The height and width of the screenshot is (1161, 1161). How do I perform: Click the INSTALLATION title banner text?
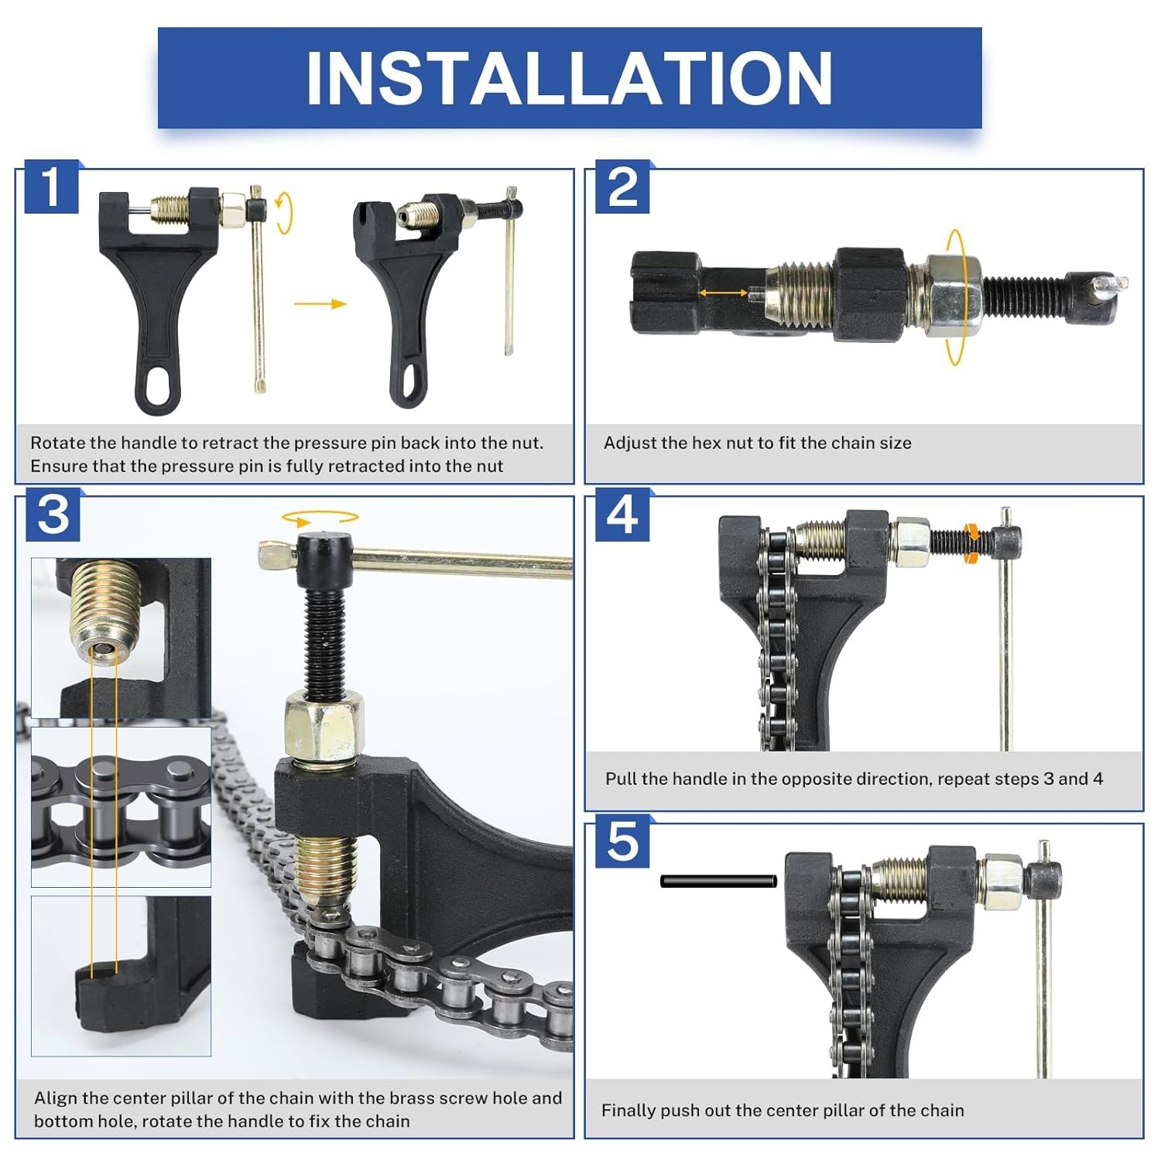click(x=570, y=78)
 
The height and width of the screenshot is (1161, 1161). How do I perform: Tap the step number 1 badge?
click(x=51, y=187)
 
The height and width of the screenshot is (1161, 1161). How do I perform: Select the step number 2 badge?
click(x=622, y=187)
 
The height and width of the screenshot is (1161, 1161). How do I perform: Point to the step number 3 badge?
click(x=53, y=515)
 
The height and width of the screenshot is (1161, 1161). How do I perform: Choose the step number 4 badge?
click(x=622, y=515)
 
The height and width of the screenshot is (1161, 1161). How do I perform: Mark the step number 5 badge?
click(x=622, y=842)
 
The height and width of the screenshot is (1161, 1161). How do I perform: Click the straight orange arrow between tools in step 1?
click(x=320, y=303)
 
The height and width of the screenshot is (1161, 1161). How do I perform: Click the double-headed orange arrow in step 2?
click(x=724, y=293)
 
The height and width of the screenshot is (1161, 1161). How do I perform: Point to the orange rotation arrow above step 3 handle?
click(x=320, y=517)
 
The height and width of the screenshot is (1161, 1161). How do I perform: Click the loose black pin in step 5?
click(x=718, y=881)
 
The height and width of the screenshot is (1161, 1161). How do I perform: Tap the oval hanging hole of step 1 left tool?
click(x=160, y=385)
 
